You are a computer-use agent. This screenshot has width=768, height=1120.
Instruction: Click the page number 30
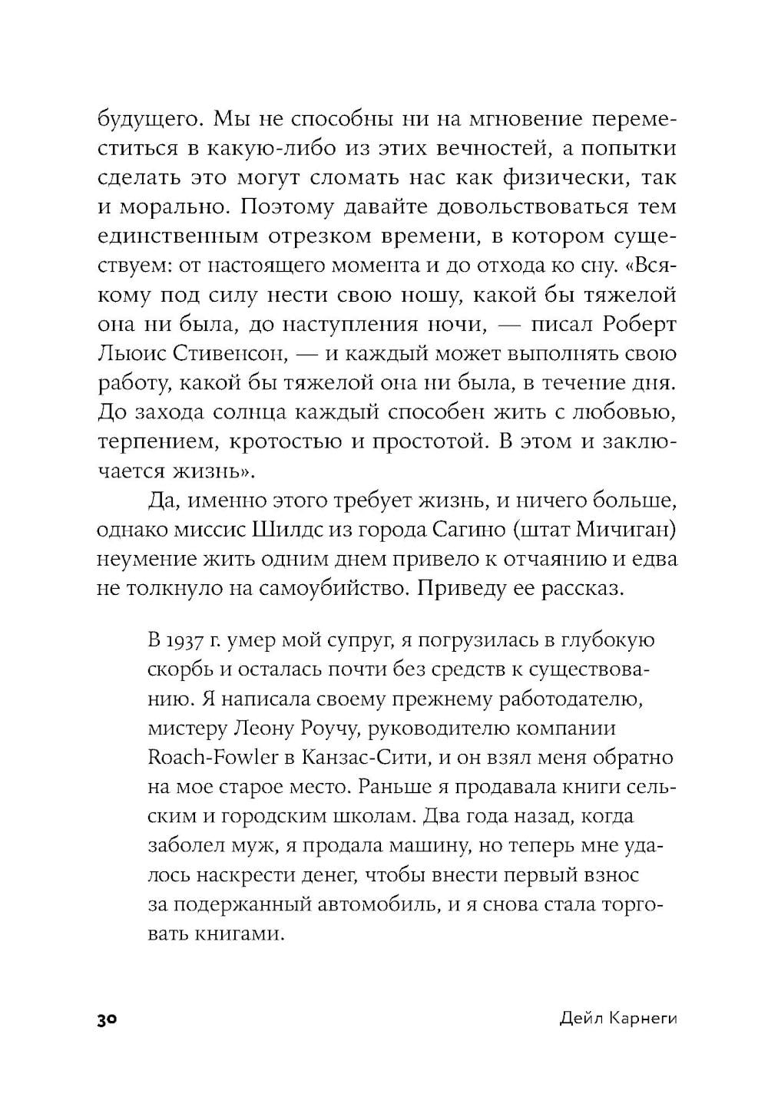pyautogui.click(x=106, y=1020)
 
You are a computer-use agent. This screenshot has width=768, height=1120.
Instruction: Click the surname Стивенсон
pyautogui.click(x=216, y=355)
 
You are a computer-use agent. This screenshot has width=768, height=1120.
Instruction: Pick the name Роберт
pyautogui.click(x=638, y=325)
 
